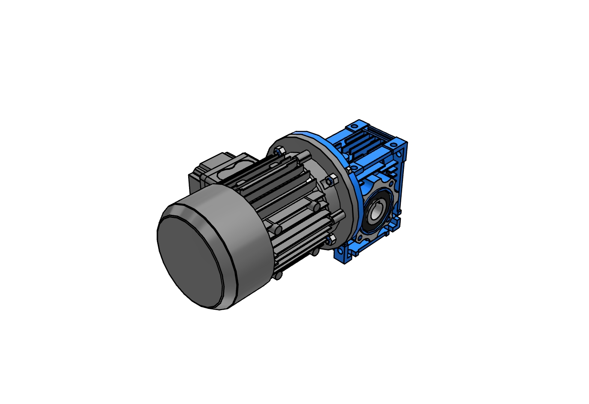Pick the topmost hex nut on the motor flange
click(279, 151)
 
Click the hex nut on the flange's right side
click(330, 180)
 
